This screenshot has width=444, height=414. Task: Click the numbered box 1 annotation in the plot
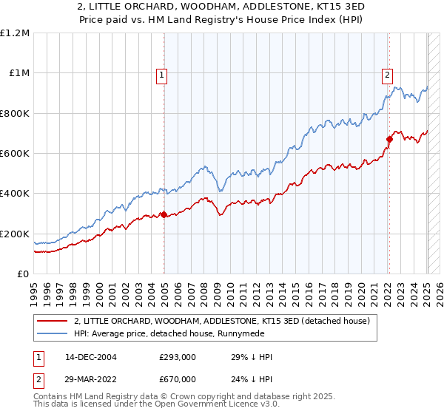[x=161, y=74]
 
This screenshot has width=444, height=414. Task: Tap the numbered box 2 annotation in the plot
[x=387, y=74]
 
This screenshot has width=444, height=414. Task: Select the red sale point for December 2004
[x=164, y=215]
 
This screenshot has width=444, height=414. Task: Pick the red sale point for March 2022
[x=389, y=139]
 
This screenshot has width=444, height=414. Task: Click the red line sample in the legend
[x=51, y=320]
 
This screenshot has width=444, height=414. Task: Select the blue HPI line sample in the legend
[x=51, y=333]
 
